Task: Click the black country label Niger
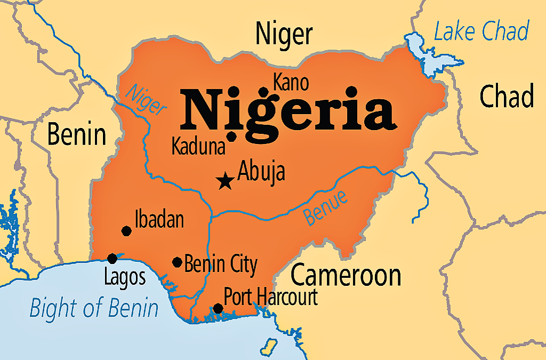284,34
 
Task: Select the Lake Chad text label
481,31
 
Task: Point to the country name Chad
506,97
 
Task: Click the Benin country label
77,134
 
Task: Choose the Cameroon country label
346,275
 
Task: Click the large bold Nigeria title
288,110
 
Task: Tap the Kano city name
291,83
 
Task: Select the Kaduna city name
198,147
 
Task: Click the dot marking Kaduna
231,136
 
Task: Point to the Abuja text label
261,172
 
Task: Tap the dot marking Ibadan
126,231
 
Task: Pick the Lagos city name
125,277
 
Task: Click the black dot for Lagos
112,259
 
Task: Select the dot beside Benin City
177,262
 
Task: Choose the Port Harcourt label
270,297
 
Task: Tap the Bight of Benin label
94,309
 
